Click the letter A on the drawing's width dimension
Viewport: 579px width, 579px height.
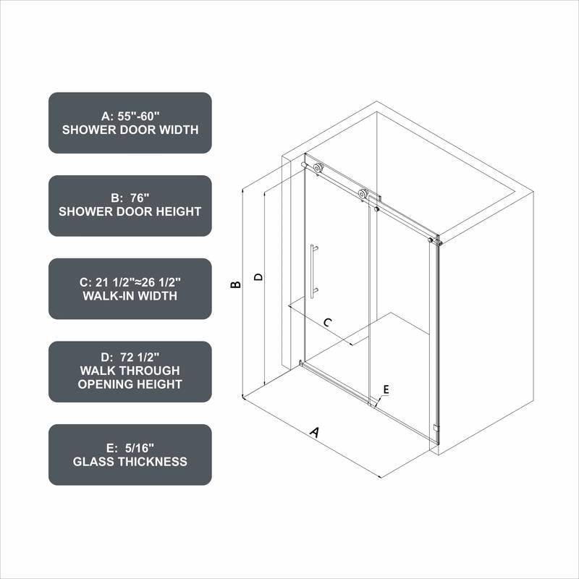pyautogui.click(x=314, y=432)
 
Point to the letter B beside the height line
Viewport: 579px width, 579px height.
pyautogui.click(x=235, y=285)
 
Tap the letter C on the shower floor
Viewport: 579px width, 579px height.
pyautogui.click(x=327, y=323)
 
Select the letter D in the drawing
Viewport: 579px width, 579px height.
pyautogui.click(x=258, y=276)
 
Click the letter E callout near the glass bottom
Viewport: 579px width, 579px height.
pyautogui.click(x=386, y=389)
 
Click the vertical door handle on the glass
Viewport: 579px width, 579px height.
pyautogui.click(x=313, y=271)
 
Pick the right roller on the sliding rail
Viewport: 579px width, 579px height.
pyautogui.click(x=363, y=194)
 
